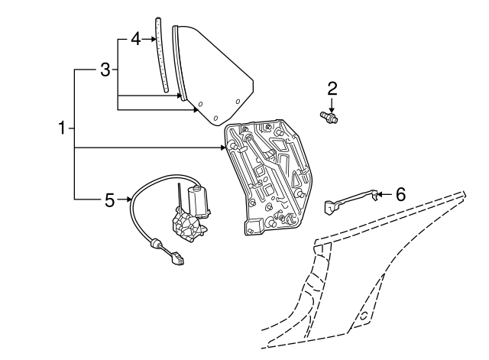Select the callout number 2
(x=332, y=88)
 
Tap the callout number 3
(x=106, y=70)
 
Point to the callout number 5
(x=109, y=200)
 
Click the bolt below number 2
(x=332, y=116)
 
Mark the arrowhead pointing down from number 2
(x=332, y=107)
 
